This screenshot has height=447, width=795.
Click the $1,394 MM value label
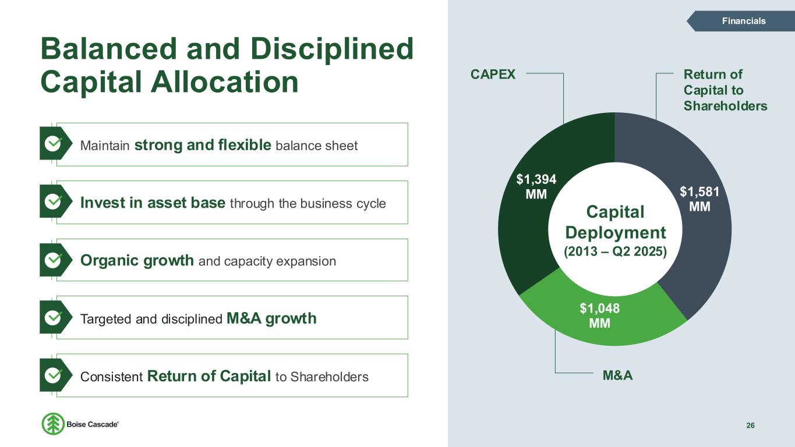536,187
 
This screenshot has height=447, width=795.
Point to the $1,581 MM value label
699,199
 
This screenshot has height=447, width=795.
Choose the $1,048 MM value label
600,315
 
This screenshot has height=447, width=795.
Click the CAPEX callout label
493,74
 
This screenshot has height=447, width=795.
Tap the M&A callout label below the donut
617,375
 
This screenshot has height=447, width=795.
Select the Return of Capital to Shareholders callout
725,90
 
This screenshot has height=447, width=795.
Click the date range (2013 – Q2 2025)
615,251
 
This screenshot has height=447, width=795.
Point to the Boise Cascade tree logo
53,424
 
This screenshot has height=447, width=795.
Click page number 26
750,425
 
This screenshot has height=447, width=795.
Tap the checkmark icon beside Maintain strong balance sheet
53,144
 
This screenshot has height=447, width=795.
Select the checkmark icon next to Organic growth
53,260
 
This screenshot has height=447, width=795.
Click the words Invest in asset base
153,203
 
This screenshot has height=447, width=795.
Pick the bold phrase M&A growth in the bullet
271,318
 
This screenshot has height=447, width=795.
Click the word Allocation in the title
224,82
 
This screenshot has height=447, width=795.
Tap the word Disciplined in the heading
332,49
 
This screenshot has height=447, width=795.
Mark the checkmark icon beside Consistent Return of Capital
53,375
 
